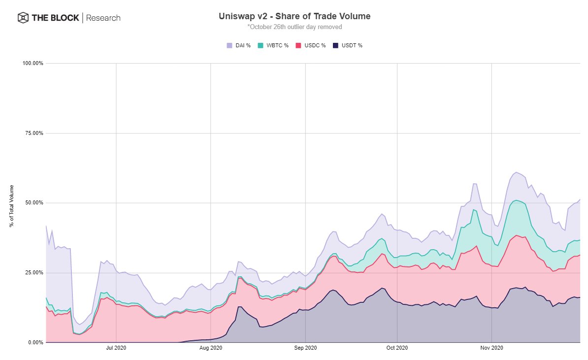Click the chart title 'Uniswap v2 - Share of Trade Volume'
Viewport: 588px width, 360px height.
click(x=294, y=16)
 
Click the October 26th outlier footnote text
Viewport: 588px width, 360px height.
click(x=294, y=27)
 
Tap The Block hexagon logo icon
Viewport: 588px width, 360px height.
click(x=23, y=18)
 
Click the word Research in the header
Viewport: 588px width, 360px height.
click(x=103, y=18)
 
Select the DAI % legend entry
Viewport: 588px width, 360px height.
click(x=239, y=45)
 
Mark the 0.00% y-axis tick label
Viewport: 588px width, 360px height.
click(x=34, y=342)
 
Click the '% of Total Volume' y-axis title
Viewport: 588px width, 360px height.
click(x=11, y=206)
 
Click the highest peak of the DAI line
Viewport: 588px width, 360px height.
click(x=515, y=172)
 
